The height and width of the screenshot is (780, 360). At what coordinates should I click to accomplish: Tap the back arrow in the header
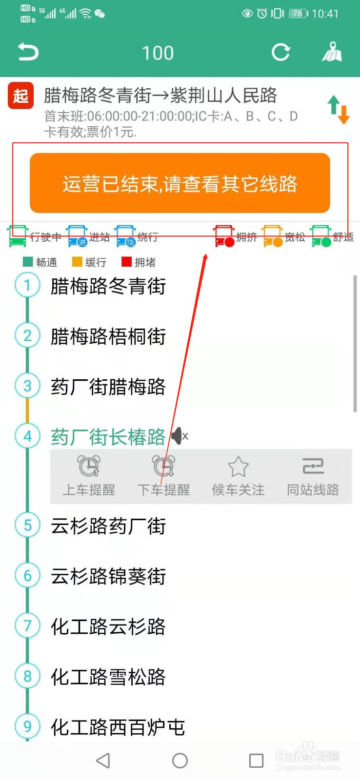tap(28, 52)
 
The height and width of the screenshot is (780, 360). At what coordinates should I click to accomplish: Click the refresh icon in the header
tap(281, 52)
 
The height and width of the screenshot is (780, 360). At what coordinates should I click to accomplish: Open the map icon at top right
tap(332, 52)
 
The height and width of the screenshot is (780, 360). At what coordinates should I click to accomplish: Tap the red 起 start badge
tap(20, 96)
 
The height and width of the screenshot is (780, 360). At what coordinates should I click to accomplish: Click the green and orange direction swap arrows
tap(339, 109)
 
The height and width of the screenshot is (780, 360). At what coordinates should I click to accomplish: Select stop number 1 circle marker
tap(27, 285)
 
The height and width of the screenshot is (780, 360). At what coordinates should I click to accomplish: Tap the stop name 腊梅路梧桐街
tap(108, 336)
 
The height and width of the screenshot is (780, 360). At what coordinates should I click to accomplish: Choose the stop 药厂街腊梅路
tap(108, 387)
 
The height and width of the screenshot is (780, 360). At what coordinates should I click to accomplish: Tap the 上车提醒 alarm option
tap(89, 475)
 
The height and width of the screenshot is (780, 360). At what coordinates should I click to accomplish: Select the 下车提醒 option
tap(163, 475)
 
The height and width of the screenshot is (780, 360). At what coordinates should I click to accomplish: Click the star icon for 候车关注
tap(238, 467)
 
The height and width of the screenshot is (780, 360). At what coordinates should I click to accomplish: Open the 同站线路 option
tap(313, 475)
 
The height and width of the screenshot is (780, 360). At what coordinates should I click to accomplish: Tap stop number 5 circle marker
tap(27, 526)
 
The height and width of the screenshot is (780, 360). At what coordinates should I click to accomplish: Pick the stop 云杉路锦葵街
tap(108, 576)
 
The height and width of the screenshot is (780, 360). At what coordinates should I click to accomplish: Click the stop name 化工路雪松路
tap(108, 677)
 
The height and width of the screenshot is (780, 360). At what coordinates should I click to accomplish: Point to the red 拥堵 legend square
tap(126, 262)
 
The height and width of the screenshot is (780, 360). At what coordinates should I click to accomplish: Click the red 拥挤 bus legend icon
tap(224, 236)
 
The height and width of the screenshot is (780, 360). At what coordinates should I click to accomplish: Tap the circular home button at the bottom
tap(180, 760)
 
